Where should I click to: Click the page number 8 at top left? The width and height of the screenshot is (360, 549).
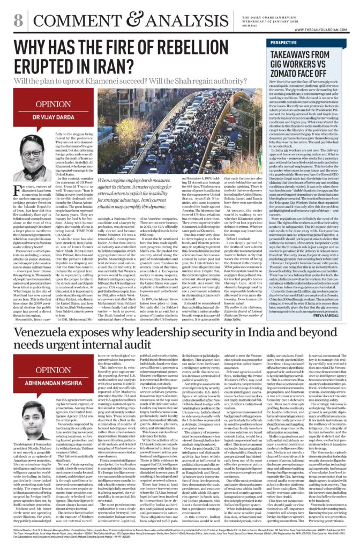18,20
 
